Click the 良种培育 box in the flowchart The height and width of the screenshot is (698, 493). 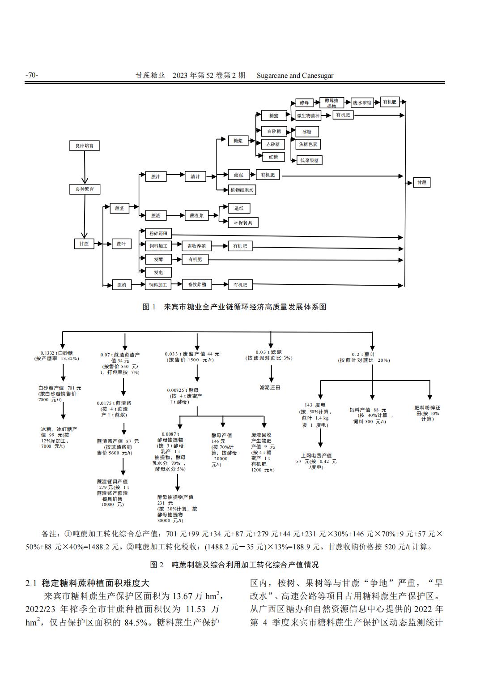tap(85, 146)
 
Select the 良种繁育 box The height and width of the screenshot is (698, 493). tap(85, 189)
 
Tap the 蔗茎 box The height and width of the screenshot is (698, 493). tap(119, 208)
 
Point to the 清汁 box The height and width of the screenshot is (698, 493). tap(195, 176)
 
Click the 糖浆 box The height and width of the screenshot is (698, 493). tap(238, 141)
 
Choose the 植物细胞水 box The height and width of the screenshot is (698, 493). tap(242, 190)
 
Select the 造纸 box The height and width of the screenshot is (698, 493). tap(239, 208)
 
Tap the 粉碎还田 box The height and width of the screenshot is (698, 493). tap(158, 233)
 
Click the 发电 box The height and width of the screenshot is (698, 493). tap(158, 272)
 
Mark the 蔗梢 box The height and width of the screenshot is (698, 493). tap(122, 285)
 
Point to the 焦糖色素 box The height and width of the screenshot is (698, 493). tap(308, 144)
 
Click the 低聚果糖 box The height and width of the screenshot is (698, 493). tap(309, 160)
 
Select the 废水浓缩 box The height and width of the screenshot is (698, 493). tap(362, 103)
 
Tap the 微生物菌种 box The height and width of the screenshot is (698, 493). tap(308, 116)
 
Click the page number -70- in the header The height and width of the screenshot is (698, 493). tap(32, 75)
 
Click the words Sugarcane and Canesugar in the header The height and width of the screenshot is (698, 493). tap(295, 75)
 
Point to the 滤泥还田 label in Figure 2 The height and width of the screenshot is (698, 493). tap(270, 387)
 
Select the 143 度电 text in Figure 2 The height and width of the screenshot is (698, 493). tap(315, 405)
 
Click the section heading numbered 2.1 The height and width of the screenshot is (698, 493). tap(87, 583)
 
